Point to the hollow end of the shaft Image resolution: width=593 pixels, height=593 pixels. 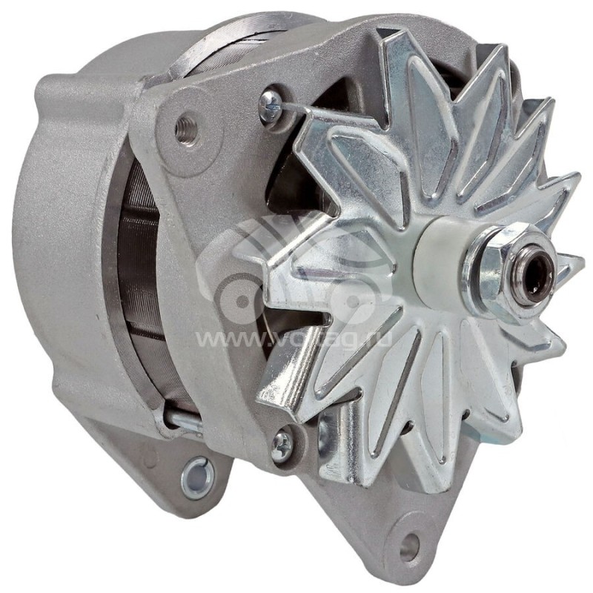pyautogui.click(x=536, y=266)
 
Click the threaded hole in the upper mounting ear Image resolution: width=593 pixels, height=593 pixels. pyautogui.click(x=186, y=130)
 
